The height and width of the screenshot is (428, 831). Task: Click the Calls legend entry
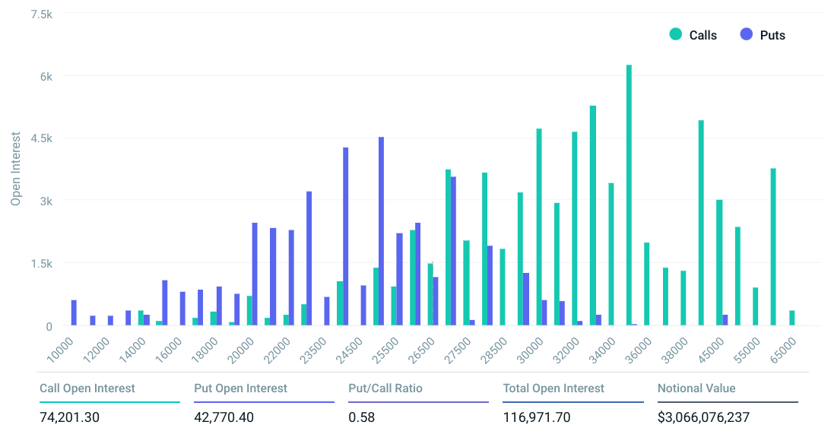pos(702,35)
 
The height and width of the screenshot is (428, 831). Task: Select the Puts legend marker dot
pos(746,34)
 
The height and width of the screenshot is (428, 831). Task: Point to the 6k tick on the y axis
pos(46,76)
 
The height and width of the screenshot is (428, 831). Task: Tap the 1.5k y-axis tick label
pos(42,264)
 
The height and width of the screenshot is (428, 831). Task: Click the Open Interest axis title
pos(16,170)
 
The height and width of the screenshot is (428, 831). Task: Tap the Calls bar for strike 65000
pos(791,318)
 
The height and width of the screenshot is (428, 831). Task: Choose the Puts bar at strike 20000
pos(255,274)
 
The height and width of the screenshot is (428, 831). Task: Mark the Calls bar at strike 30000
pos(539,227)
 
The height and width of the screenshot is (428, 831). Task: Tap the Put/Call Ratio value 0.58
pos(361,417)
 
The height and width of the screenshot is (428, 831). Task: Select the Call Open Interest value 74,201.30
pos(69,417)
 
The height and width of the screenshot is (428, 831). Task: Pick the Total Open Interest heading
pos(553,388)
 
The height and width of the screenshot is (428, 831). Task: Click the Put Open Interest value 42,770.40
pos(224,417)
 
